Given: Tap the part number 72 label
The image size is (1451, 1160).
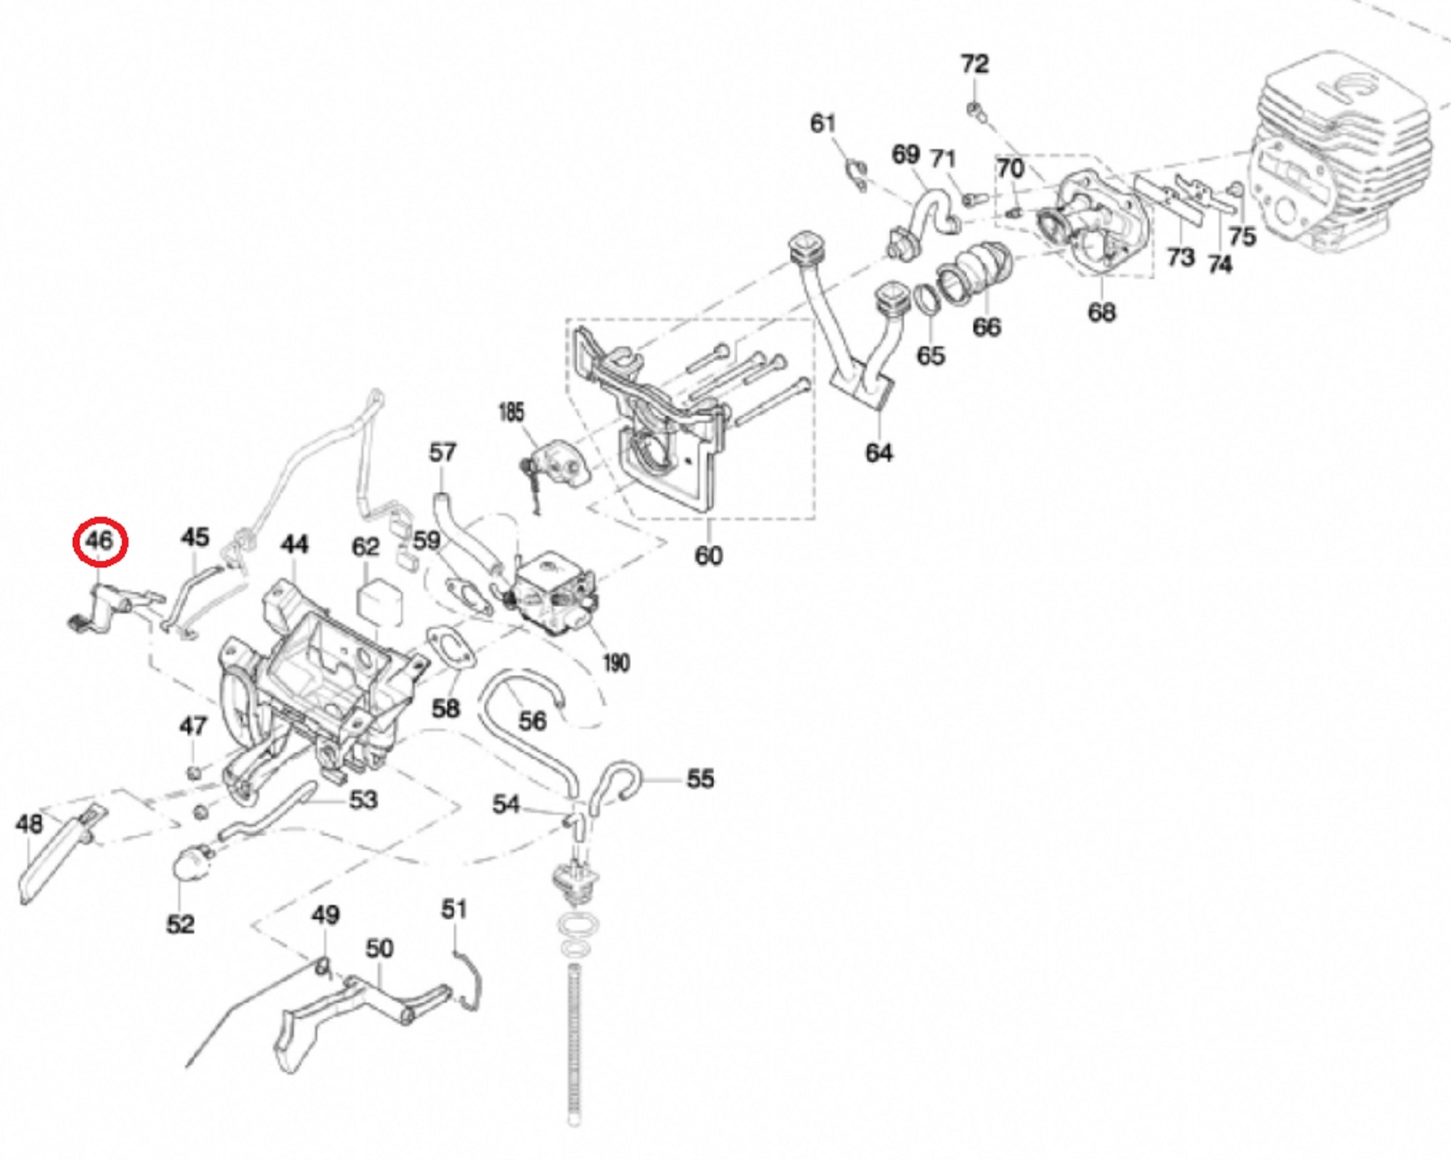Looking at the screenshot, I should tap(974, 65).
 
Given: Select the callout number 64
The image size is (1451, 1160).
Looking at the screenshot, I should tap(879, 453).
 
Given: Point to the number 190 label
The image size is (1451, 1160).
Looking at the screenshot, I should tap(616, 662).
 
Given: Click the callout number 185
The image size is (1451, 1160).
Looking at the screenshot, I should tap(511, 412).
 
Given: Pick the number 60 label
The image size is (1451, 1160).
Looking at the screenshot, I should tap(708, 556).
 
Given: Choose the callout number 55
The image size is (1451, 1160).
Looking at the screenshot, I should tap(700, 779).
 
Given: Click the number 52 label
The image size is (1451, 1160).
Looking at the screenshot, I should tap(181, 925).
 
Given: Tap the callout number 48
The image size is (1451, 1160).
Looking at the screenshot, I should tap(29, 824).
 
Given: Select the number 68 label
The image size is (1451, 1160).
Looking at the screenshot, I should tap(1101, 312).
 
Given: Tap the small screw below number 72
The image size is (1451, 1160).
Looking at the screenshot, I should tap(976, 111).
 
